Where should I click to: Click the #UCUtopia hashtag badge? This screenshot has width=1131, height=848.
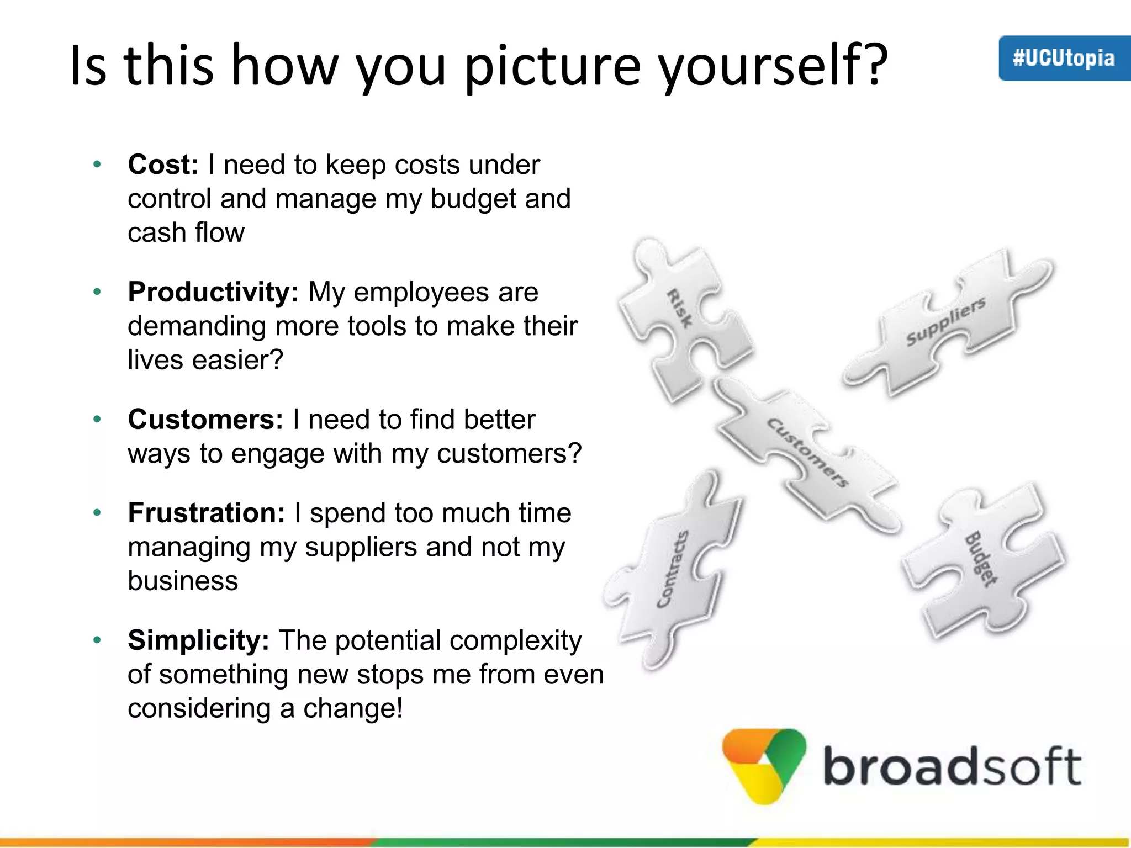point(1064,59)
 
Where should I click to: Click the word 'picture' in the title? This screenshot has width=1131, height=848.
point(553,66)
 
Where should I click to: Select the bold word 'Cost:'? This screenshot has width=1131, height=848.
point(163,165)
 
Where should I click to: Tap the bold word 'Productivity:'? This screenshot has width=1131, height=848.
point(213,292)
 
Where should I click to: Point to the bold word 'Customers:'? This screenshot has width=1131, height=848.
point(205,420)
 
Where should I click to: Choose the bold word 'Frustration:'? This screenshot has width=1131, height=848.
point(207,513)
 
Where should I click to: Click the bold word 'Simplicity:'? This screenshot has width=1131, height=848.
point(198,640)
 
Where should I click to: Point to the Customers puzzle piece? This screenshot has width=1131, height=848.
point(806,453)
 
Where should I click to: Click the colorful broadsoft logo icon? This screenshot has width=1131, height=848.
point(764,765)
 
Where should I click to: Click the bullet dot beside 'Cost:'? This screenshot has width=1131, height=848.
point(97,165)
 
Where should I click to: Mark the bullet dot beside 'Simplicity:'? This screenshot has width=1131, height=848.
point(97,640)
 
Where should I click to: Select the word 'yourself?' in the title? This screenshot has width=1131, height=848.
point(773,66)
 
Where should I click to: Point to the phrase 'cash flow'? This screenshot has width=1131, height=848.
point(186,232)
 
